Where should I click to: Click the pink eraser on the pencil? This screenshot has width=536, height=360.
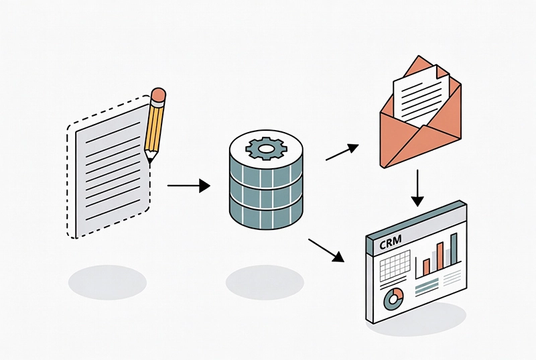159,96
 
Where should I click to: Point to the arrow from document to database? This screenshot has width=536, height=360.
188,186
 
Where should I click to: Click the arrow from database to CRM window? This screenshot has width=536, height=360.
326,249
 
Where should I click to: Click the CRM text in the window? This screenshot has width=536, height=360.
391,244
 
